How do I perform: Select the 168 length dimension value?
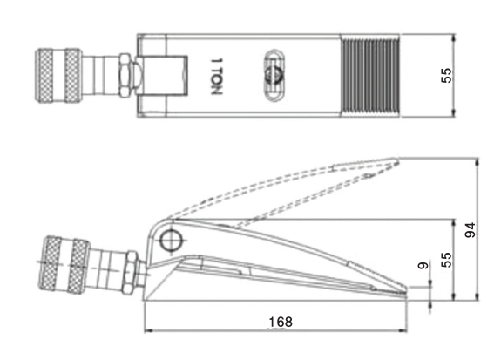pyautogui.click(x=280, y=322)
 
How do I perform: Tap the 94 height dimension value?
pyautogui.click(x=471, y=230)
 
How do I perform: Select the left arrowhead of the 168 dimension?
pyautogui.click(x=146, y=331)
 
